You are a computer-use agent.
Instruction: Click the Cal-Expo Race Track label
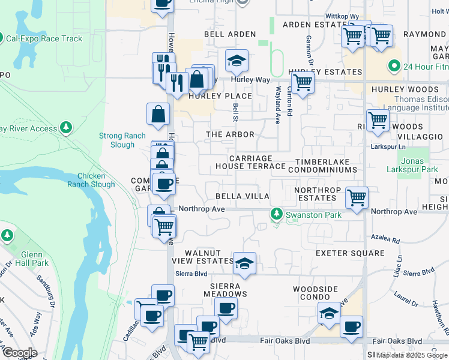[44, 39]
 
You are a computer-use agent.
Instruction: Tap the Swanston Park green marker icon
[276, 214]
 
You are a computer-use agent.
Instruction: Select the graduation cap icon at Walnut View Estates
[245, 263]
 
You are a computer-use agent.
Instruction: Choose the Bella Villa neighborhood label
[243, 196]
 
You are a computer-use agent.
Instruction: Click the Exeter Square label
[350, 253]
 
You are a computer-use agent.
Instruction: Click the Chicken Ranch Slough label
[95, 181]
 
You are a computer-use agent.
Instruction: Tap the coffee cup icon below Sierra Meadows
[226, 308]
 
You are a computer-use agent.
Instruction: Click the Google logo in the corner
[19, 352]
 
